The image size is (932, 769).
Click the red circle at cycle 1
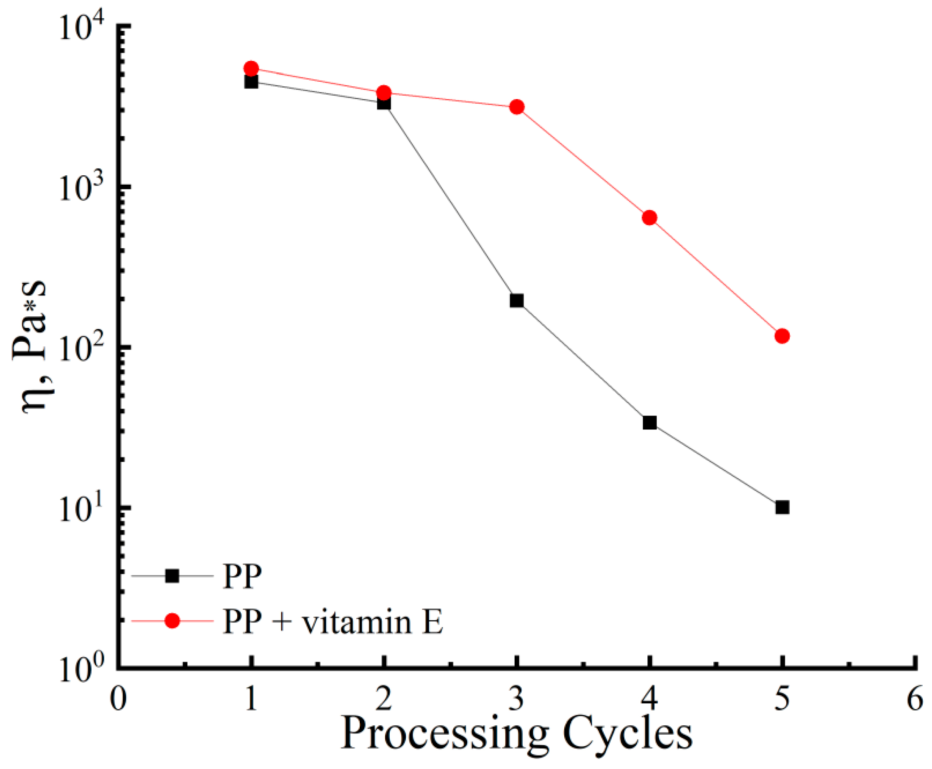pyautogui.click(x=251, y=68)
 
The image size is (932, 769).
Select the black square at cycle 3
pyautogui.click(x=517, y=301)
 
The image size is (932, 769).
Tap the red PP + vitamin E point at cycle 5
pyautogui.click(x=782, y=336)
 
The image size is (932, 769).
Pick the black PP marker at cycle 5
pyautogui.click(x=782, y=507)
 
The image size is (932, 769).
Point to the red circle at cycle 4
pyautogui.click(x=649, y=218)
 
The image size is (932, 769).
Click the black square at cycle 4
pyautogui.click(x=649, y=423)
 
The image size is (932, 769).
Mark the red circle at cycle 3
pyautogui.click(x=517, y=107)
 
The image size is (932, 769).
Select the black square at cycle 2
pyautogui.click(x=384, y=103)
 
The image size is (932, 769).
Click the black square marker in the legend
pyautogui.click(x=172, y=576)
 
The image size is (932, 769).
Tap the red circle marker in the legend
pyautogui.click(x=172, y=621)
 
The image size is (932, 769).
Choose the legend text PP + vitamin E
pyautogui.click(x=333, y=622)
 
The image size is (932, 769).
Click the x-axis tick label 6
pyautogui.click(x=915, y=700)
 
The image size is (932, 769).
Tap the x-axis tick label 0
pyautogui.click(x=118, y=700)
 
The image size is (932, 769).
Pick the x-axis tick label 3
pyautogui.click(x=517, y=700)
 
